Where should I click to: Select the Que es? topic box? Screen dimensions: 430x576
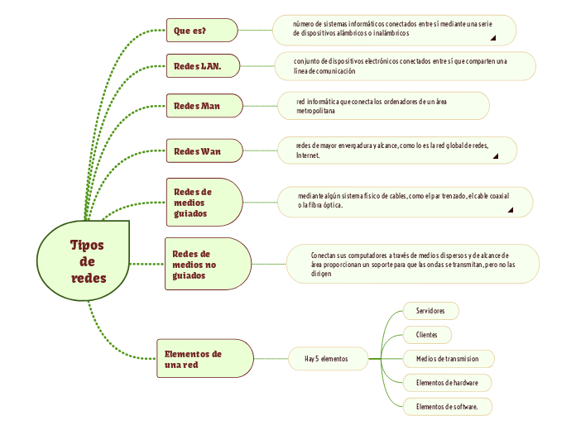pyautogui.click(x=201, y=31)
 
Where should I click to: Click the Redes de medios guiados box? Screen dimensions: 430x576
pyautogui.click(x=204, y=201)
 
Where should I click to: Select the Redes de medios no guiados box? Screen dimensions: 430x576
pyautogui.click(x=208, y=264)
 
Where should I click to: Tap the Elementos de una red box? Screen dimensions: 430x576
pyautogui.click(x=204, y=359)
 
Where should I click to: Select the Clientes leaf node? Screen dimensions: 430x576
pyautogui.click(x=427, y=335)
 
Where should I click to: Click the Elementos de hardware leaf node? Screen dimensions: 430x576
pyautogui.click(x=447, y=383)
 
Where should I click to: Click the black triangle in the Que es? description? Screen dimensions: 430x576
pyautogui.click(x=493, y=37)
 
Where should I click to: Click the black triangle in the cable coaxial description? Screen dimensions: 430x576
pyautogui.click(x=510, y=210)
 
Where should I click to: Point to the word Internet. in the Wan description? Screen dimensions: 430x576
pyautogui.click(x=308, y=155)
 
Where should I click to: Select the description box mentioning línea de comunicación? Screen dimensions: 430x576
pyautogui.click(x=406, y=66)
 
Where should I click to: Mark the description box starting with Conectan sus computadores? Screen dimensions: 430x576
pyautogui.click(x=413, y=265)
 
